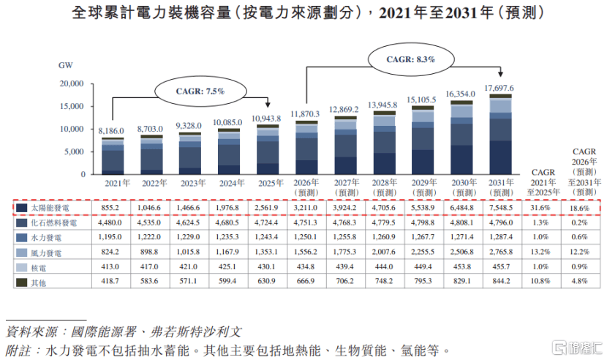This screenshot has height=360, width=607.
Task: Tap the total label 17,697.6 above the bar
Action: pyautogui.click(x=500, y=88)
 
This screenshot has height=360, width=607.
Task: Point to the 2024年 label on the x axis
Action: pyautogui.click(x=229, y=183)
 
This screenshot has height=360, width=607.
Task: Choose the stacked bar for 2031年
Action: pyautogui.click(x=500, y=135)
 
